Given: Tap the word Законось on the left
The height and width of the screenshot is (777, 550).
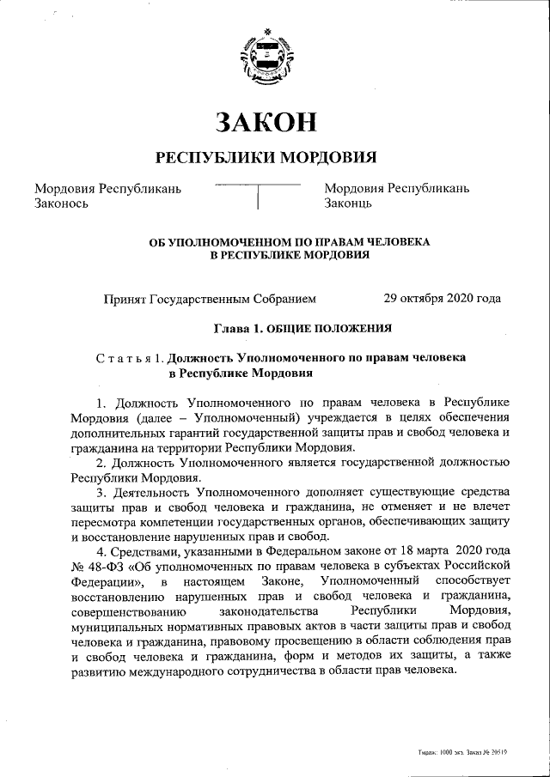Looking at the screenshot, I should click(x=61, y=204).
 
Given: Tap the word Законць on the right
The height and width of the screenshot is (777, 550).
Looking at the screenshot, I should click(x=348, y=204).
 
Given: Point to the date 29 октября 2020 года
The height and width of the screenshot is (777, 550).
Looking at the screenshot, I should click(x=442, y=299).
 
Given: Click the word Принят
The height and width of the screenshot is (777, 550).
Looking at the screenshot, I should click(x=125, y=299).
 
